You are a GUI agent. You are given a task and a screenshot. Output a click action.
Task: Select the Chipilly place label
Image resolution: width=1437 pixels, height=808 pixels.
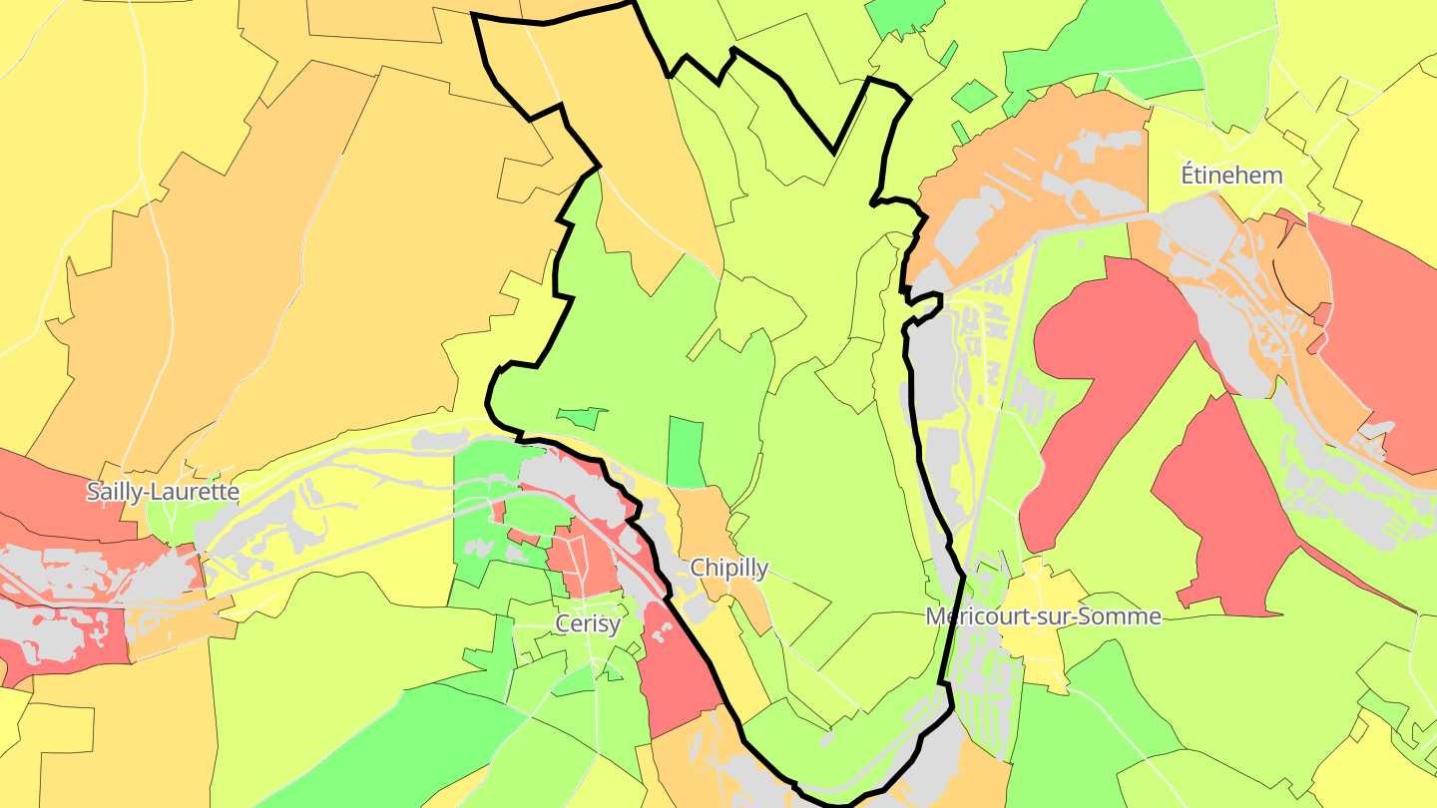(729, 569)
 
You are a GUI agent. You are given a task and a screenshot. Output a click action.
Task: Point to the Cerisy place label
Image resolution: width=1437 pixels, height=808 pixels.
(588, 624)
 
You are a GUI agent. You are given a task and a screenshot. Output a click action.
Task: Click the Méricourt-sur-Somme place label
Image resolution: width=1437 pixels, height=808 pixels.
(1043, 616)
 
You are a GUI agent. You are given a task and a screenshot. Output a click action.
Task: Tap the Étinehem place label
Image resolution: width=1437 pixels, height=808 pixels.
(1231, 176)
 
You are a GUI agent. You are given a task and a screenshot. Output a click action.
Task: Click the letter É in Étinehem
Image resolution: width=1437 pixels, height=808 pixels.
(1189, 176)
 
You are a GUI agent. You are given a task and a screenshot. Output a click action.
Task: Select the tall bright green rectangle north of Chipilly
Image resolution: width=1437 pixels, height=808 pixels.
(684, 452)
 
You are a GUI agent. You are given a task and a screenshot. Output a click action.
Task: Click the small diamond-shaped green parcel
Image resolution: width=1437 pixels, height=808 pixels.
(974, 96)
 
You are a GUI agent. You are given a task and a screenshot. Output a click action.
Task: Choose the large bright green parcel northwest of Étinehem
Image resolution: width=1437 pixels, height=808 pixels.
(1098, 50)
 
